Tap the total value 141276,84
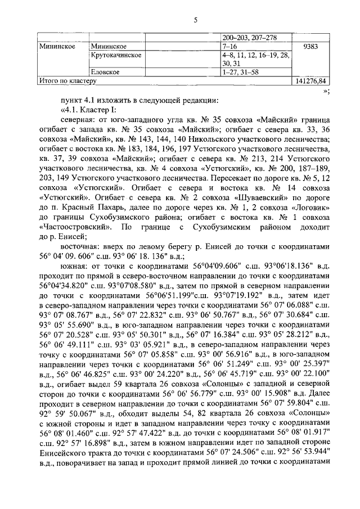(310, 81)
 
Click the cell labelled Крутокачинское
(116, 56)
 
